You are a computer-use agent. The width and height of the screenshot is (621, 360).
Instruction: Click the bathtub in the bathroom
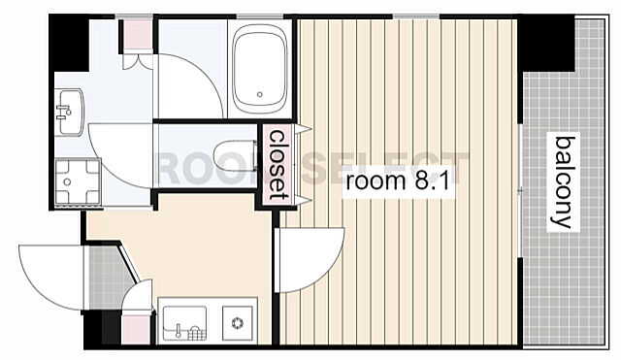tap(260, 69)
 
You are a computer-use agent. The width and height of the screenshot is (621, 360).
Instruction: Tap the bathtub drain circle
tap(260, 95)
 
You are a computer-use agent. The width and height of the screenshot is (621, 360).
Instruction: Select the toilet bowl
tap(235, 155)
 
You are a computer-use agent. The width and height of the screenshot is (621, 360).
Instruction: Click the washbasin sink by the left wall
tap(69, 113)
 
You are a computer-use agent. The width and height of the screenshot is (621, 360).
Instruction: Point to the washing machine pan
tap(78, 181)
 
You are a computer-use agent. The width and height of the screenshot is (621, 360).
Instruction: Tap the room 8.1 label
tap(398, 181)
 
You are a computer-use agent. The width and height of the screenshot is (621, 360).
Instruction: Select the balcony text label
tap(563, 182)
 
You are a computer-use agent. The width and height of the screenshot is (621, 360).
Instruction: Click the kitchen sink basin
tap(184, 323)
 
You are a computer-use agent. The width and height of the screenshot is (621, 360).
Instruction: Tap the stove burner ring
tap(238, 323)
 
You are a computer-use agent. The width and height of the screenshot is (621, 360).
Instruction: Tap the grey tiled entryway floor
tap(106, 278)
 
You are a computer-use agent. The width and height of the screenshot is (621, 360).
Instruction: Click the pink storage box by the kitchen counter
tap(136, 330)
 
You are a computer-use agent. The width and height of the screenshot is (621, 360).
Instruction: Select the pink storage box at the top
tap(138, 35)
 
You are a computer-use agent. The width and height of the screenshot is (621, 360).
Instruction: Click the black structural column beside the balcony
tap(545, 43)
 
